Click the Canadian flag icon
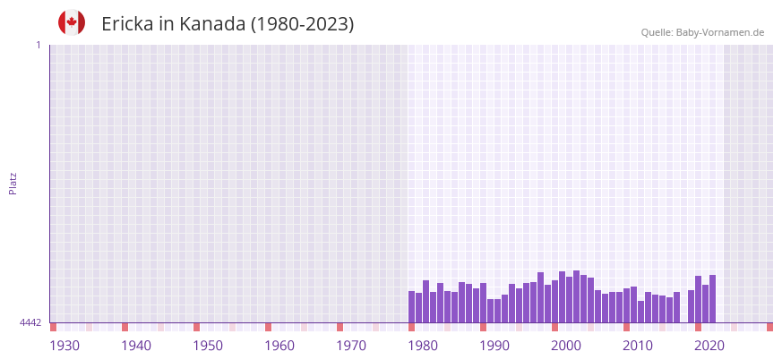[x=72, y=23]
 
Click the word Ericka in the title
[x=127, y=24]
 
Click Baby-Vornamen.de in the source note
[x=720, y=32]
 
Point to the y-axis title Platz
[x=13, y=184]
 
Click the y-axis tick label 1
[x=38, y=45]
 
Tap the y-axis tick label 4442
[x=30, y=322]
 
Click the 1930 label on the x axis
[x=64, y=346]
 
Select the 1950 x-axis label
[x=208, y=346]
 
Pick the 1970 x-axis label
[x=351, y=346]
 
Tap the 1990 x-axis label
[x=494, y=346]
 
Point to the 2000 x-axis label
[x=566, y=346]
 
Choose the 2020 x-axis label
[x=709, y=346]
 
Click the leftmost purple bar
[x=412, y=306]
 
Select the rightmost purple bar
[x=712, y=299]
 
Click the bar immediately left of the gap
[x=676, y=307]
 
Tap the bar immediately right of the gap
[x=691, y=306]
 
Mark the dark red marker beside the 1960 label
[x=268, y=327]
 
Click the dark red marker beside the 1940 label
[x=125, y=327]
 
